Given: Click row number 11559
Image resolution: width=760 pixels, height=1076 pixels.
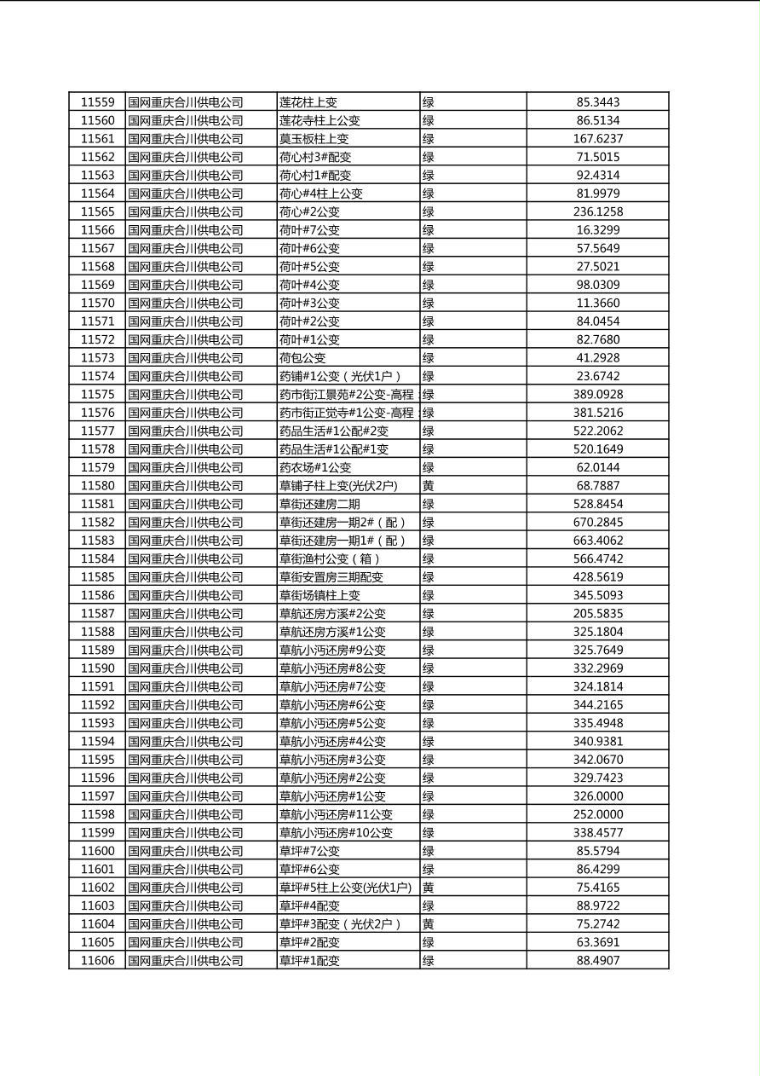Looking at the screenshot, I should point(97,102).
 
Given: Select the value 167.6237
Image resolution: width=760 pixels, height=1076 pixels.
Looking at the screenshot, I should point(597,139).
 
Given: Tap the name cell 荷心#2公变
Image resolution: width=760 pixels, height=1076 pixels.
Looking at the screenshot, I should point(309,211).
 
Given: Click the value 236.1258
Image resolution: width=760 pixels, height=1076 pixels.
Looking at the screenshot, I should point(597,211).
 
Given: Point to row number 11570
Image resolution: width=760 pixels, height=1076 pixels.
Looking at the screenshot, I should point(97,303).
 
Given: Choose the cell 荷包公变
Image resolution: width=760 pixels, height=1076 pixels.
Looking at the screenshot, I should point(302,358).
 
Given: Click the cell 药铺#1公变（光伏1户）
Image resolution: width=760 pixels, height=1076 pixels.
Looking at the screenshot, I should point(340,376).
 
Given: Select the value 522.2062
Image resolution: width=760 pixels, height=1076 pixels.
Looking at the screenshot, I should point(597,431).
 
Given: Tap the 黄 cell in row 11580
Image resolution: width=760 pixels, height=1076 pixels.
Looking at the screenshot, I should point(429,486).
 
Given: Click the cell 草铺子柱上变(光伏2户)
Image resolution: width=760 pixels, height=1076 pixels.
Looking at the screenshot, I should point(338,486).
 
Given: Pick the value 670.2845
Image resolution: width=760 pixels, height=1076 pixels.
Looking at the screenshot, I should point(597,522).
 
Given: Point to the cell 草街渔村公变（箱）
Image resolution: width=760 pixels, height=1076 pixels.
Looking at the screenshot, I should point(330,558).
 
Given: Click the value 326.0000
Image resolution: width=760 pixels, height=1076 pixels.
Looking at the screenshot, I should point(597,795).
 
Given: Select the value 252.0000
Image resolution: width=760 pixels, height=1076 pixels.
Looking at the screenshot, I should point(597,814).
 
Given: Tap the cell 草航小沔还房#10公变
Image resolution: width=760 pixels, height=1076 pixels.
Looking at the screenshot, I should point(337,832).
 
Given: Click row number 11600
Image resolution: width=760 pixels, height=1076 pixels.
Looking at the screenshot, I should point(97,851).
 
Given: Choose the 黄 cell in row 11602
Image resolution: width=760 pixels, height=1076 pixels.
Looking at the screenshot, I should point(429,888).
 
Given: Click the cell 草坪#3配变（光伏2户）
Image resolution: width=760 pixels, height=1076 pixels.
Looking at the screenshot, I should point(340,923).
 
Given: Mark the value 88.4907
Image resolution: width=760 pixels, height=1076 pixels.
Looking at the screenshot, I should point(597,960).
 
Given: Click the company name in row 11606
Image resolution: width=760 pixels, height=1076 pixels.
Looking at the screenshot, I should point(186,960).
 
